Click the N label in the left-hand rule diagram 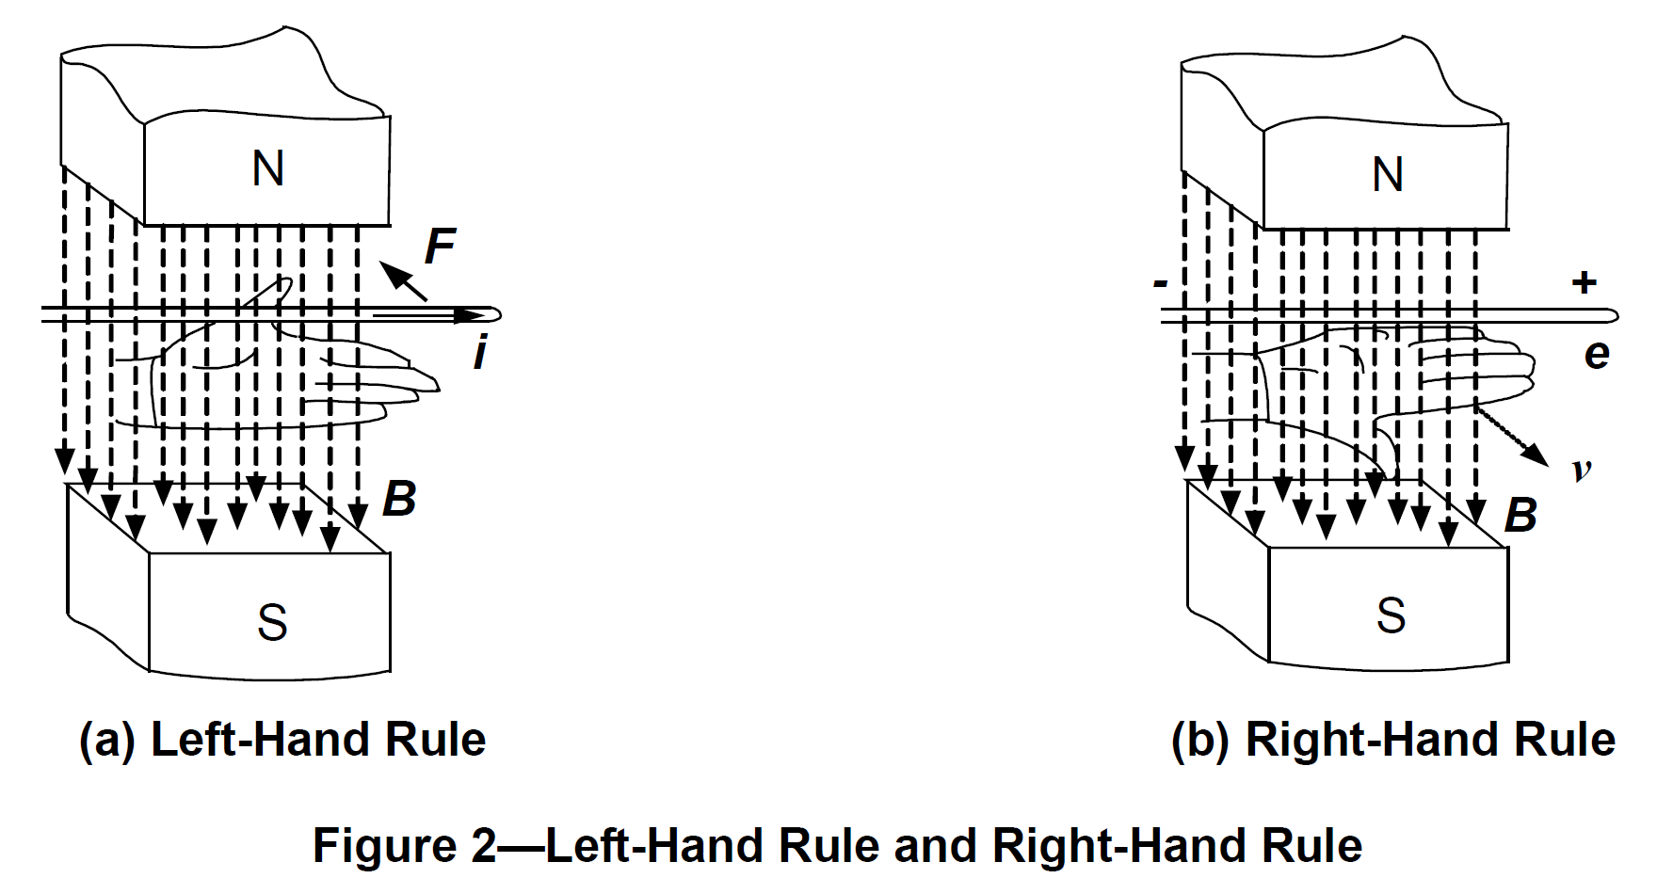(x=268, y=169)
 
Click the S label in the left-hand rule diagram (x=272, y=622)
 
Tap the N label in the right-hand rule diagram (x=1388, y=175)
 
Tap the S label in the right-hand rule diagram (x=1391, y=615)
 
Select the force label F (x=440, y=247)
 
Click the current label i (x=480, y=354)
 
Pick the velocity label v (x=1582, y=469)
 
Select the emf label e (x=1597, y=354)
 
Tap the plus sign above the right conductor (x=1585, y=281)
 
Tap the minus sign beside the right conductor (x=1161, y=282)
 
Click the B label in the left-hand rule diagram (x=399, y=499)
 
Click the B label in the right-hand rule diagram (x=1520, y=515)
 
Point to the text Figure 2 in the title (x=404, y=844)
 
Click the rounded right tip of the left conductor (x=495, y=315)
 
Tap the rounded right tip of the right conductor (x=1613, y=315)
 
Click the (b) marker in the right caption (x=1200, y=740)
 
